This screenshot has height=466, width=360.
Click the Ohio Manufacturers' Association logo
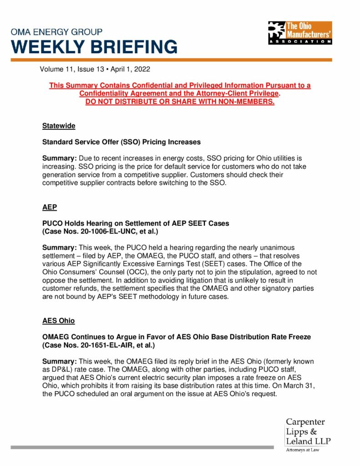click(x=300, y=33)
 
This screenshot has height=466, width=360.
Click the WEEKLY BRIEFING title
click(x=94, y=47)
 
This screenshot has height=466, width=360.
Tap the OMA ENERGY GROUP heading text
click(x=56, y=32)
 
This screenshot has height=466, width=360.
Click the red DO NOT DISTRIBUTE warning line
click(x=180, y=101)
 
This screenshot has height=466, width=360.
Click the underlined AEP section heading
click(x=49, y=207)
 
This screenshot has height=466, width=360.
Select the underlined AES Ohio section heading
click(x=58, y=320)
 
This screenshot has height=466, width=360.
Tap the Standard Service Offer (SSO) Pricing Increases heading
click(x=121, y=142)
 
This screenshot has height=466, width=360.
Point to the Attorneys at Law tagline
click(x=303, y=451)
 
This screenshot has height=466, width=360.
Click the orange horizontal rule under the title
click(x=171, y=60)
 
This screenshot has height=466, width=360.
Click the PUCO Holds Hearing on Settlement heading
click(x=136, y=223)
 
